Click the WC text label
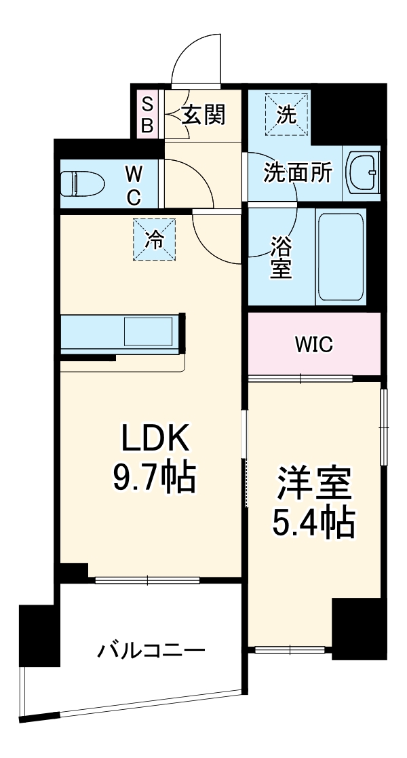(134, 185)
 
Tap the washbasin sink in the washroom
(363, 174)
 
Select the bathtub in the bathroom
(341, 257)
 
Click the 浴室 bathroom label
(281, 257)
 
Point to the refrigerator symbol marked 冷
(155, 239)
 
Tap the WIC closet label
(313, 345)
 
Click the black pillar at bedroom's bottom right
(358, 628)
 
